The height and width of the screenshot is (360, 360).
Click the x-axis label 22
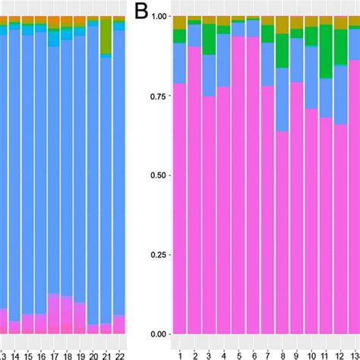coord(119,355)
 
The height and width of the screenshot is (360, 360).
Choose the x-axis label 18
coord(66,355)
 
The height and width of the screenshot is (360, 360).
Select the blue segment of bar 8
coord(282,99)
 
